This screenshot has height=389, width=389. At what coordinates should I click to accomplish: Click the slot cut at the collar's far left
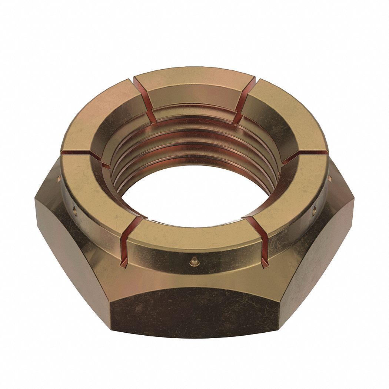(x=80, y=153)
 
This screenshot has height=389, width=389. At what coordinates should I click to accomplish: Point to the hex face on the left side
(x=70, y=241)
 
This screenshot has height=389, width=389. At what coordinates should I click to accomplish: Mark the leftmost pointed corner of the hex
(x=36, y=202)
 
